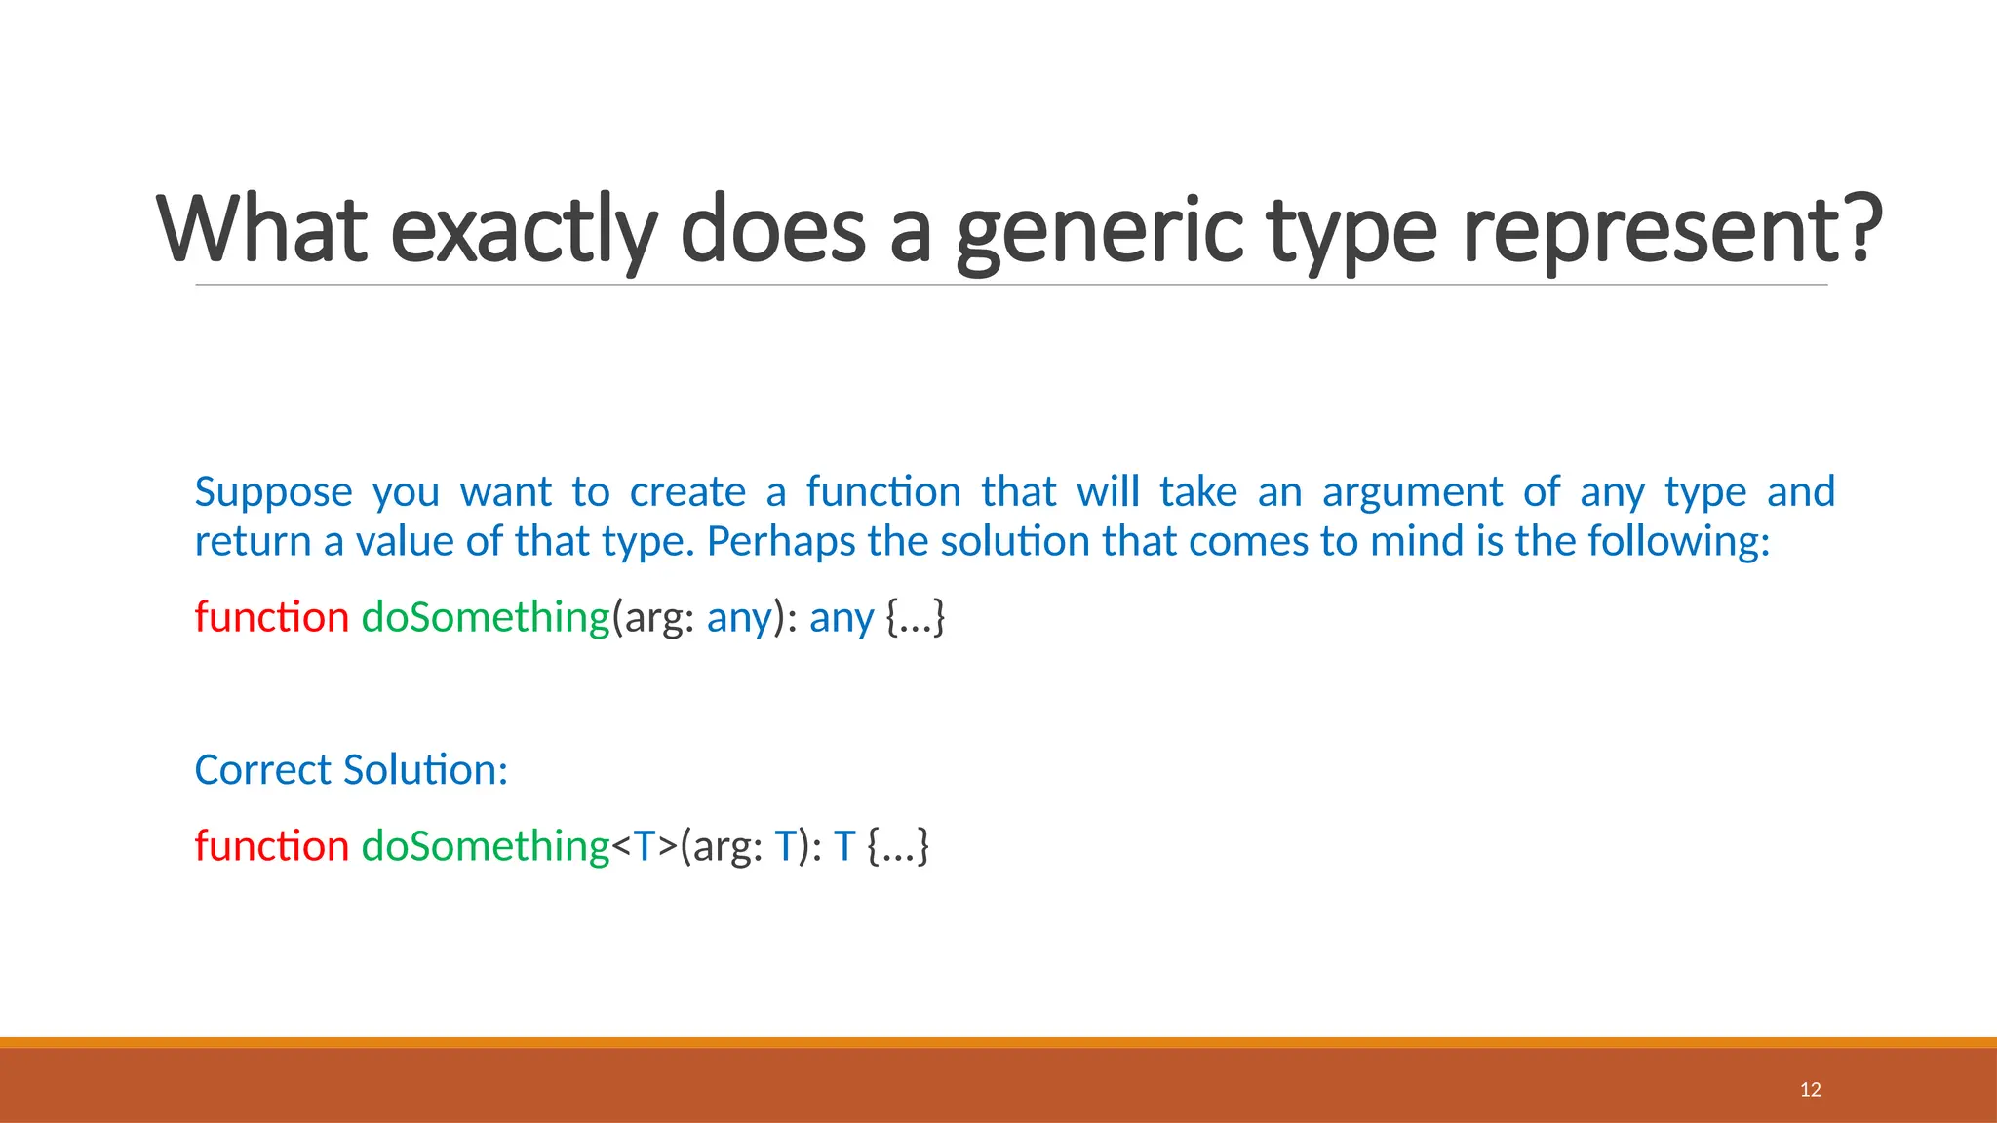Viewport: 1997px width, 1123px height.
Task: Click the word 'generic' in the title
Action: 1099,230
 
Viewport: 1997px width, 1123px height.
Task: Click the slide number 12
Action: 1810,1090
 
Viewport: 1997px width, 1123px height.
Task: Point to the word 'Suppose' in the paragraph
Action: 273,492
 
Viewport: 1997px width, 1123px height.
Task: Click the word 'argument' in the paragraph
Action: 1412,492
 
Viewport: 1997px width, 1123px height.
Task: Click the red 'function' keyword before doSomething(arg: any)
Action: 271,617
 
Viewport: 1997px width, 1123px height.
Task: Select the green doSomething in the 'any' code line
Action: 486,617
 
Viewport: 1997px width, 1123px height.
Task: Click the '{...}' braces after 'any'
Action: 915,617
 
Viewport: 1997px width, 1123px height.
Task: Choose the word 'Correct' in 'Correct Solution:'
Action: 263,770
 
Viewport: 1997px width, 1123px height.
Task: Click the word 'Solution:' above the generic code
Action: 425,770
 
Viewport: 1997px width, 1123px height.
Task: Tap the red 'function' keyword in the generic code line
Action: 271,846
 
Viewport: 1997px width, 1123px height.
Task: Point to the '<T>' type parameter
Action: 644,846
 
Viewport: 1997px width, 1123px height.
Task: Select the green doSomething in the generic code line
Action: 486,846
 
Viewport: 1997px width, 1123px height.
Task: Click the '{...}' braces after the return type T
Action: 898,846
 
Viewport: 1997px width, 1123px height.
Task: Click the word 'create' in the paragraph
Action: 687,492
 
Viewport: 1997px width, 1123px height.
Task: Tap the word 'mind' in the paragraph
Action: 1417,542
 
